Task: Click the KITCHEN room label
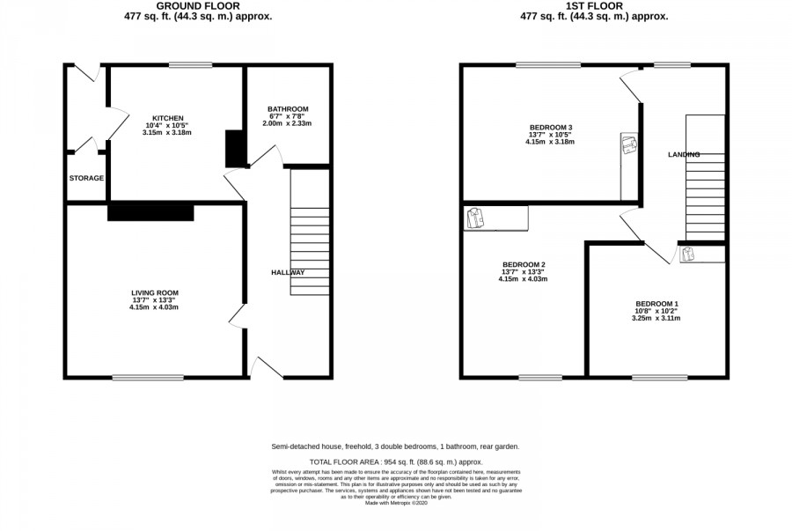point(168,118)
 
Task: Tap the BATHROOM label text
point(288,109)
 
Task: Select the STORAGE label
point(86,179)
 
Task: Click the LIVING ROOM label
point(155,292)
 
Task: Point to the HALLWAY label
point(288,272)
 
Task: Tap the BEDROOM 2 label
point(524,264)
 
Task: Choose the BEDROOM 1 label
point(657,303)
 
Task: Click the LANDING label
point(684,155)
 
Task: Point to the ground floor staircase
point(310,233)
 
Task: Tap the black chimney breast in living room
point(150,212)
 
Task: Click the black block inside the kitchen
point(236,149)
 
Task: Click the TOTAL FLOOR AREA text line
point(396,461)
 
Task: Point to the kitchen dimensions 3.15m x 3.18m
point(168,133)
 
